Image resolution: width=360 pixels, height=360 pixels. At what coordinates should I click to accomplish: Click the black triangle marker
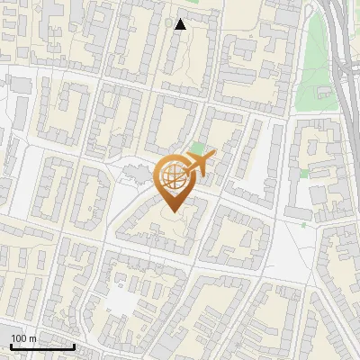(180, 24)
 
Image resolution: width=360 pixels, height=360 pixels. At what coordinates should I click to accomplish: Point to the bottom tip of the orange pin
(174, 212)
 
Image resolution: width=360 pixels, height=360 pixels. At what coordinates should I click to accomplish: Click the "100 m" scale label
(23, 338)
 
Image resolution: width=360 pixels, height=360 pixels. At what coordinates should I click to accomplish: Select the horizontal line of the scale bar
(42, 346)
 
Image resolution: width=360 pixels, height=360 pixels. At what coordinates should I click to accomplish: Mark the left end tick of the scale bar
(11, 345)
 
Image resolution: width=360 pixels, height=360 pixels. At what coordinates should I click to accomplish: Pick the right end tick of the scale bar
(74, 345)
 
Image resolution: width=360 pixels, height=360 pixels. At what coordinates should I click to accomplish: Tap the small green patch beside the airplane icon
(198, 148)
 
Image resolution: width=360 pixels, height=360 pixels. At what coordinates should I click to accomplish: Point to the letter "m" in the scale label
(32, 338)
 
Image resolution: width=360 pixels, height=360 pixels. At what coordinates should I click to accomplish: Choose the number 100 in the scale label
(19, 338)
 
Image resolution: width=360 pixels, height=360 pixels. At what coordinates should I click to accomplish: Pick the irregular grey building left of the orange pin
(135, 171)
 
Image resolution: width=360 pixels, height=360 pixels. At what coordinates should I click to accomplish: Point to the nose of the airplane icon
(214, 157)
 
